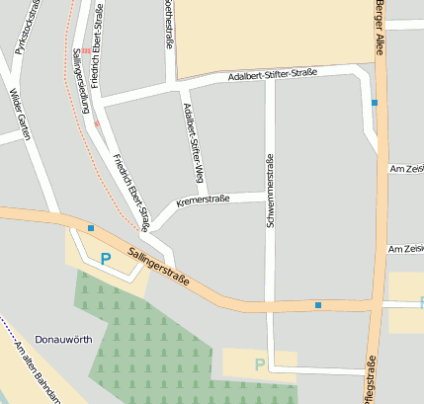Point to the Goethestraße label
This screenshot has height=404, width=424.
pos(169,25)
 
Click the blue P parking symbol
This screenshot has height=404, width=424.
pos(106,259)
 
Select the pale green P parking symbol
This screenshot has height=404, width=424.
pos(259,364)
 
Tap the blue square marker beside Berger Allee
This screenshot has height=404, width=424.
pos(375,102)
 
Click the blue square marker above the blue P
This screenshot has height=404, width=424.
pos(91,228)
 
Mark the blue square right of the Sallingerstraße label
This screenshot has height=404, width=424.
pos(318,304)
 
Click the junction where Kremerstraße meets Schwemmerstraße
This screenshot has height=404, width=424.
pos(268,195)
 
